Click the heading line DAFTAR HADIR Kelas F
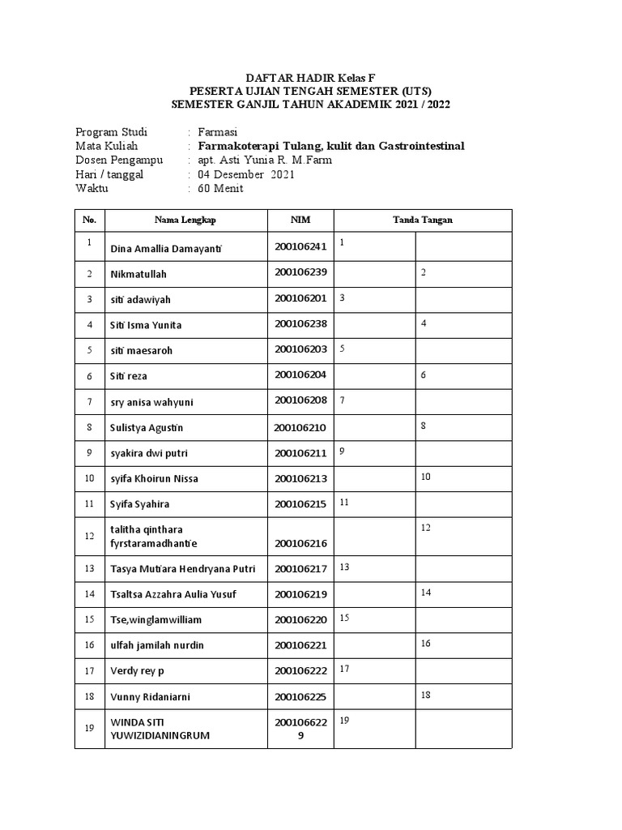click(310, 76)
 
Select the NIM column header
click(300, 220)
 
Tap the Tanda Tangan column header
click(423, 220)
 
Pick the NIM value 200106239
click(300, 273)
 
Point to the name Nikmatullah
click(138, 274)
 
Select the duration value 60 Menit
click(220, 189)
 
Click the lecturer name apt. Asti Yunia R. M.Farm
click(265, 160)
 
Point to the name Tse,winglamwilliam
click(155, 620)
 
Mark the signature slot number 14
click(426, 593)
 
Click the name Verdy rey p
click(138, 671)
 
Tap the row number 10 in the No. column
click(90, 478)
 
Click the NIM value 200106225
click(300, 696)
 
